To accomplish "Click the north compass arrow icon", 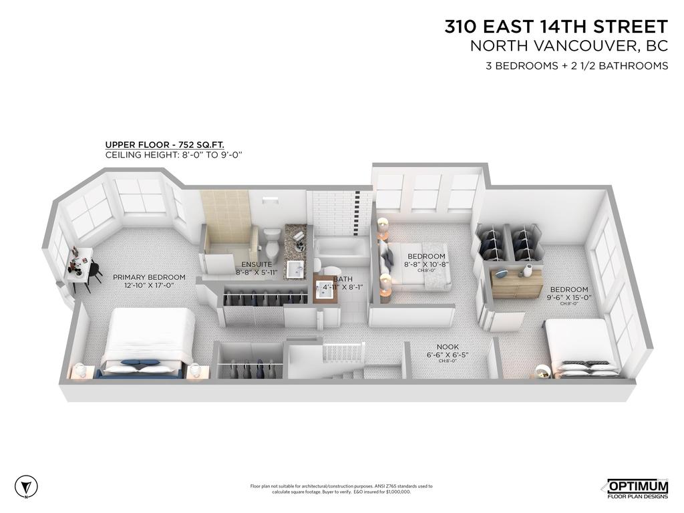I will coord(26,486).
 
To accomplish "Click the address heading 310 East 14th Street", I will coord(556,27).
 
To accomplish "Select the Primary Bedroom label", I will coord(149,277).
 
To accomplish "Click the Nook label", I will coord(448,347).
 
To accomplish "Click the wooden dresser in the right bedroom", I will coord(517,284).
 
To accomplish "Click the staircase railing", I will coord(343,351).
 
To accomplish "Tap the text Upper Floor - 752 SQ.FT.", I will coord(164,144).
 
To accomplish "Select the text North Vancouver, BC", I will coord(569,46).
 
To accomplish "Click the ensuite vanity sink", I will coord(295,269).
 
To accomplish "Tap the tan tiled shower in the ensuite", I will coord(224,220).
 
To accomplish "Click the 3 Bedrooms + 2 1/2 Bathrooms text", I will coord(576,65).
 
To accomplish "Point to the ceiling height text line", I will coord(173,154).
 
